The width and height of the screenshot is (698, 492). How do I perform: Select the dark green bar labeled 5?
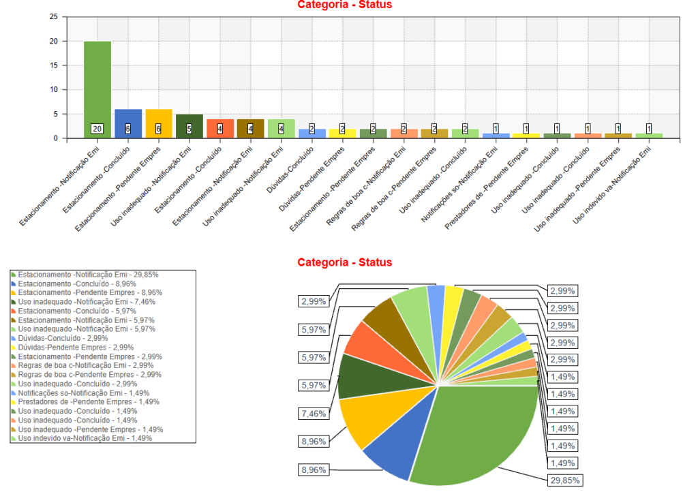click(x=189, y=123)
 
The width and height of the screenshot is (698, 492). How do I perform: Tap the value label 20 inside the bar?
click(x=97, y=129)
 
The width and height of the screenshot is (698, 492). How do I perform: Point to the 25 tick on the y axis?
click(x=54, y=17)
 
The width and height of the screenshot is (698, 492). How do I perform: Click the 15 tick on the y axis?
click(x=54, y=65)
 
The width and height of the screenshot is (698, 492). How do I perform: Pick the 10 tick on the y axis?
click(x=54, y=89)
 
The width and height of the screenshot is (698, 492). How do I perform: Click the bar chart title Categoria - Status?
click(x=345, y=5)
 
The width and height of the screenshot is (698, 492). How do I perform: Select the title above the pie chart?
click(x=345, y=262)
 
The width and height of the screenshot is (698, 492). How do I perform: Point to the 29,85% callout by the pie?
click(x=565, y=480)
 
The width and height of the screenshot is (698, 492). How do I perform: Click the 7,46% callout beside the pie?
click(x=314, y=414)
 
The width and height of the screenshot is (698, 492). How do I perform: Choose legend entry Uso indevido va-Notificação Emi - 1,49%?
click(x=85, y=439)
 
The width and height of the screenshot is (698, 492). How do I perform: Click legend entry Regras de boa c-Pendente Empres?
click(x=89, y=375)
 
